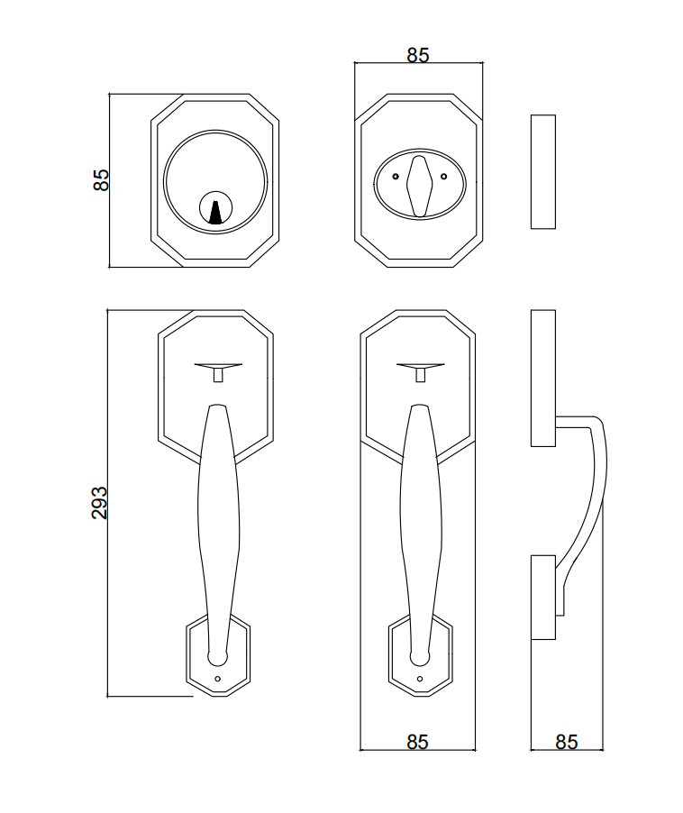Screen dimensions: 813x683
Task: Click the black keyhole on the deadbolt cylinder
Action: [215, 212]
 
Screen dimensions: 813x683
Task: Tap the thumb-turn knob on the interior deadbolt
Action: [418, 184]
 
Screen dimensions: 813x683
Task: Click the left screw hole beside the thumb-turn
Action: [395, 177]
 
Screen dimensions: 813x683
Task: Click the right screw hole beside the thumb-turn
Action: [442, 177]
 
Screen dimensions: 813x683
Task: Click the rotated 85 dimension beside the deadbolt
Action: [101, 179]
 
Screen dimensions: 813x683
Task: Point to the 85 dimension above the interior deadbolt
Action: [417, 55]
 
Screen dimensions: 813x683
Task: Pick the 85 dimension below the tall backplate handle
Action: [417, 742]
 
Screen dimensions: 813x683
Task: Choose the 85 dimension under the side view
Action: [566, 742]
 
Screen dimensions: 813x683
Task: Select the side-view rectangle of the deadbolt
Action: [542, 171]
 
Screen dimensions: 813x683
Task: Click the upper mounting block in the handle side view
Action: [542, 378]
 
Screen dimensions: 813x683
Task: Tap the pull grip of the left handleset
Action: [218, 523]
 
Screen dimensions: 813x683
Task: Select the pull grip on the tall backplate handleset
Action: [419, 523]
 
